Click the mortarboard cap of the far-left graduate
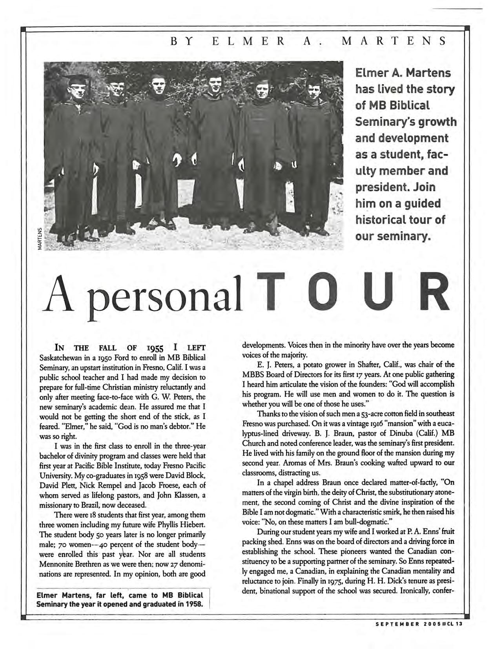(77, 79)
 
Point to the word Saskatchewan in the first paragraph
(60, 358)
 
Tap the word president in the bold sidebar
(378, 187)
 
